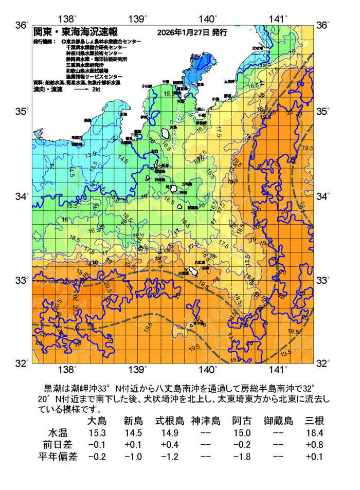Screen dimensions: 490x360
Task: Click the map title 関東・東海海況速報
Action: [x=75, y=32]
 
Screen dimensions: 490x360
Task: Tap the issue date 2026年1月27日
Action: [x=183, y=32]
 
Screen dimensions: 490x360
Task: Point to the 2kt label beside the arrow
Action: [x=96, y=89]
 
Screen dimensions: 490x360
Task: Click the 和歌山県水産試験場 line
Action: [x=87, y=70]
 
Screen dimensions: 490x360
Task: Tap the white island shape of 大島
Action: [x=166, y=133]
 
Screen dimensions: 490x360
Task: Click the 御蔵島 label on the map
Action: [x=192, y=208]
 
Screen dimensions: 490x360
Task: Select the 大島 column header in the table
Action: [x=97, y=421]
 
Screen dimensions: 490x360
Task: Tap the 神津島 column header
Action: [x=206, y=421]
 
